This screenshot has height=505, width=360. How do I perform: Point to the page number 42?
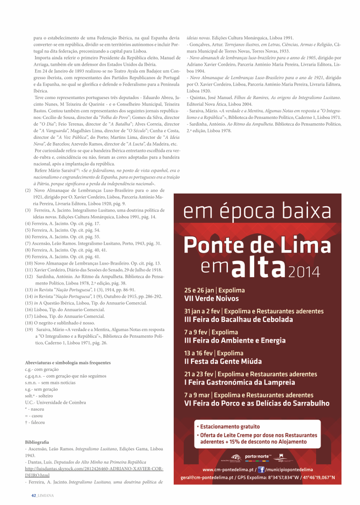33,495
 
